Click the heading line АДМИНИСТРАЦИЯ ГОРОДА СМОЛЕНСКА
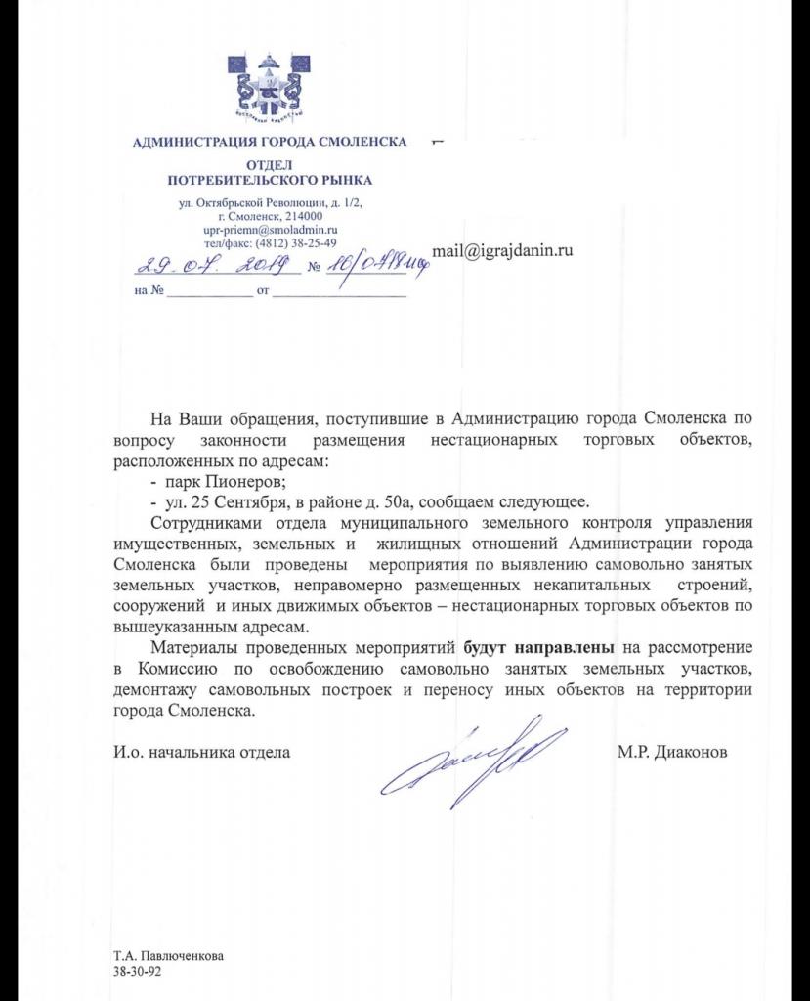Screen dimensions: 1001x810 [x=270, y=143]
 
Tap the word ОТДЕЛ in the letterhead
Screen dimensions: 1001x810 [x=270, y=166]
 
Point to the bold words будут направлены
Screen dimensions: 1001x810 [x=538, y=647]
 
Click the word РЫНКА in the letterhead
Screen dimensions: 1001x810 [x=343, y=181]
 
